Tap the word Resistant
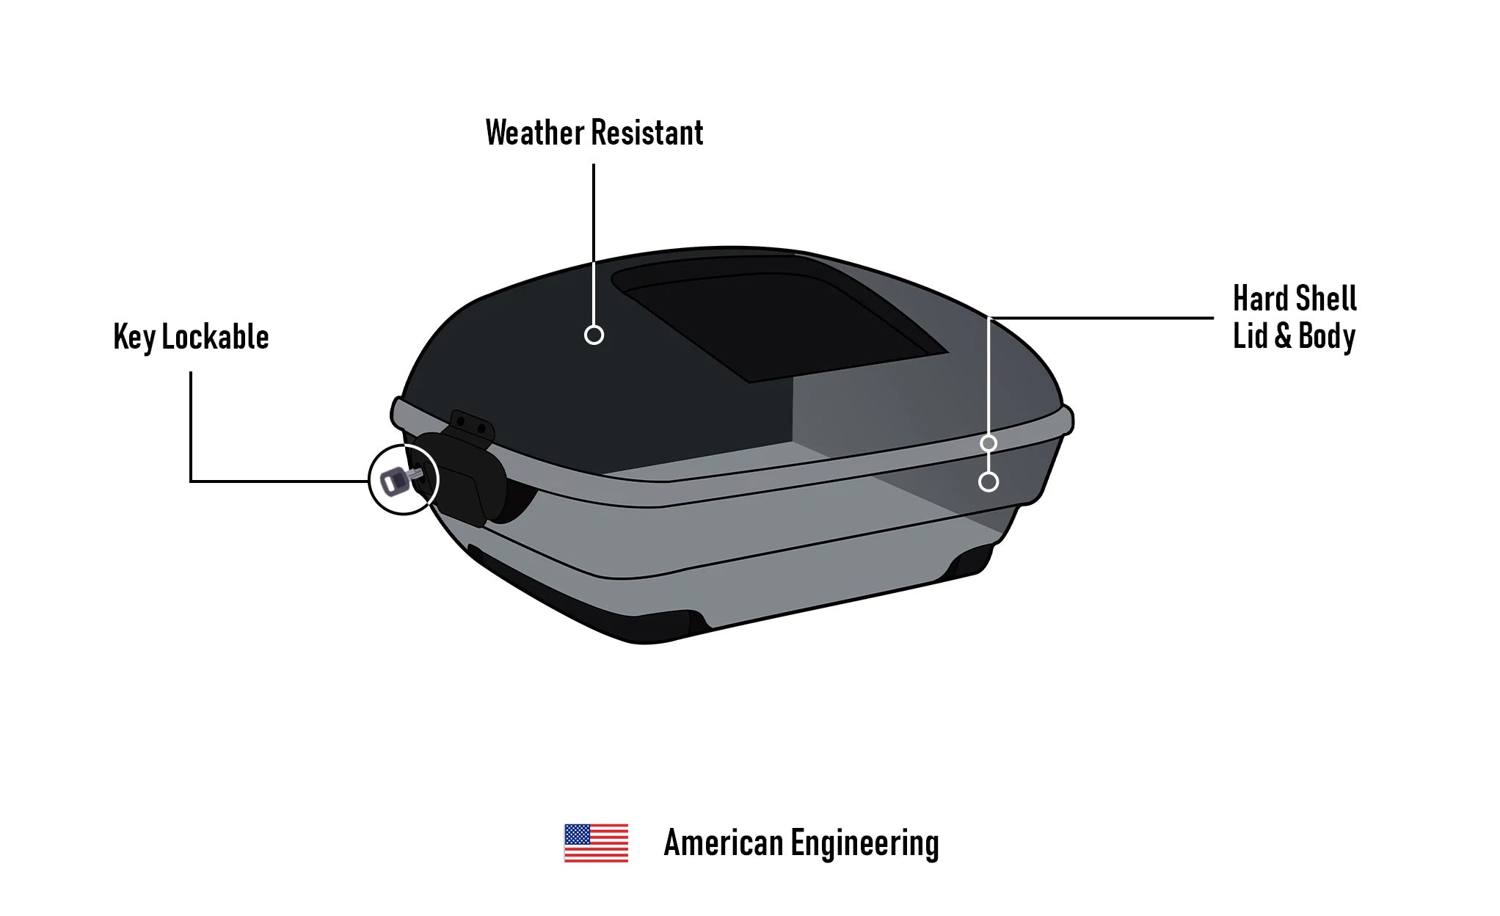pos(647,134)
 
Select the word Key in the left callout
pos(134,338)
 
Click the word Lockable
pos(215,338)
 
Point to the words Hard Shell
pos(1295,299)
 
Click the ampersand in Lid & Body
pos(1283,336)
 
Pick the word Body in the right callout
pos(1327,337)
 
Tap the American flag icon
pos(596,843)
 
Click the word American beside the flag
pos(723,843)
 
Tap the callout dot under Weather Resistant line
pos(594,335)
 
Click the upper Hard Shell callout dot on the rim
pos(989,443)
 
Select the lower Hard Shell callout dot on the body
pos(989,481)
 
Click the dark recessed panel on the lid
pos(778,323)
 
